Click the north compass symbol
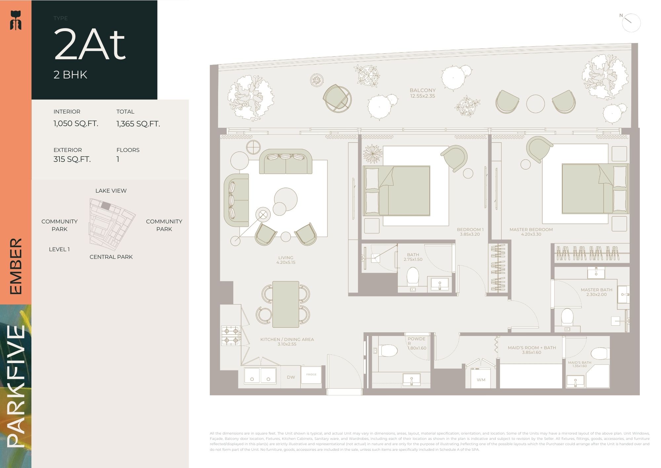(x=631, y=23)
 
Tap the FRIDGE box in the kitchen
(x=311, y=375)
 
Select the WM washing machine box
(x=481, y=380)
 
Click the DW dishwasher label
(x=291, y=377)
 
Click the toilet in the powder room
(x=388, y=351)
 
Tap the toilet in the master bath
(x=567, y=316)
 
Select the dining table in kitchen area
(x=286, y=304)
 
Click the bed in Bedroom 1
(x=397, y=191)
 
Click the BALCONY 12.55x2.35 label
(x=422, y=93)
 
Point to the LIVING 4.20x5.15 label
(x=286, y=260)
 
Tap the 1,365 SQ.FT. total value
(x=138, y=124)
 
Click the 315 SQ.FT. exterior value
(x=72, y=159)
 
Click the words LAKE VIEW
(x=111, y=191)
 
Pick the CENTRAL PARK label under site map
(x=111, y=257)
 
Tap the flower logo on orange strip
(x=16, y=20)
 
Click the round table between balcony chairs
(x=535, y=104)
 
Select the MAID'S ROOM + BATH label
(x=531, y=350)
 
